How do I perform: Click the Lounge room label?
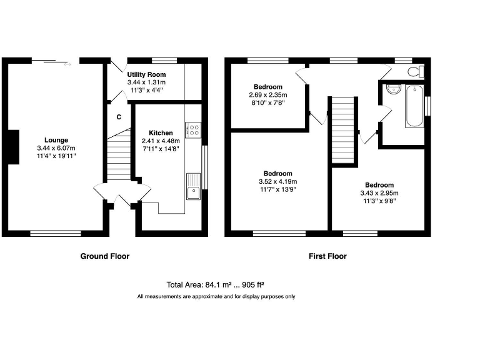tap(56, 139)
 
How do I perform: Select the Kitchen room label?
tap(160, 132)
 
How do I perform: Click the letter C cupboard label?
tap(119, 117)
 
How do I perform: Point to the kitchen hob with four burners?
tap(193, 130)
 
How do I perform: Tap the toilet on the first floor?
tap(415, 72)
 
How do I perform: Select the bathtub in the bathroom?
tap(414, 106)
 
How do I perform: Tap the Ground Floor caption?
tap(104, 256)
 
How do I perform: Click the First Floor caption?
tap(327, 256)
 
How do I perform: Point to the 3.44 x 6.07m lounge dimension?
tap(56, 147)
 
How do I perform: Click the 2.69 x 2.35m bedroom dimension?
tap(268, 95)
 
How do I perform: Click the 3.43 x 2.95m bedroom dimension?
tap(379, 193)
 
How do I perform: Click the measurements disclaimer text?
tap(216, 296)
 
